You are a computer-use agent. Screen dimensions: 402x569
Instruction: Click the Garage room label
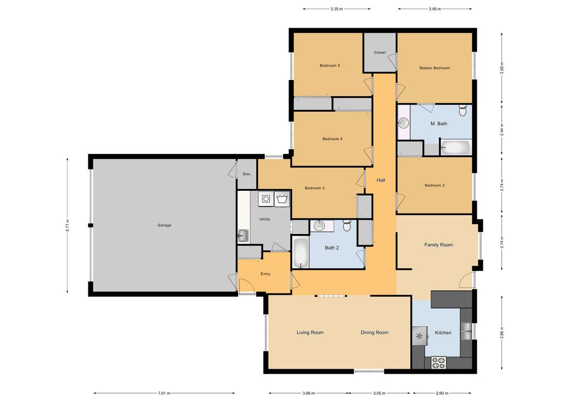pos(164,225)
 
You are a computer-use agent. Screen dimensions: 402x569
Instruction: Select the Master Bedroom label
pos(434,68)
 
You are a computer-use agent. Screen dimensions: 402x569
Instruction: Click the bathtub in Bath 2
pos(300,253)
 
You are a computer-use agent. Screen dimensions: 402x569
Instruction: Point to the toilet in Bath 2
pos(347,225)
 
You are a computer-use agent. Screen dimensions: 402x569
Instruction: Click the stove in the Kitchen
pos(438,362)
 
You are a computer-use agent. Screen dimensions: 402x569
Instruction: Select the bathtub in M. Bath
pos(455,148)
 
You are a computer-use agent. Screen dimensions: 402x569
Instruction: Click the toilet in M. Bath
pos(462,111)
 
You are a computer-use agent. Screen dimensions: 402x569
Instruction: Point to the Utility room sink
pos(243,236)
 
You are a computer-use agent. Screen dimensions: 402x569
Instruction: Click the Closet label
pos(380,53)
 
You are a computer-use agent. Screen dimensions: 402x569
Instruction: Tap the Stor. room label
pos(246,174)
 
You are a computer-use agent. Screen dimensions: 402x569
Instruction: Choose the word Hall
pos(381,180)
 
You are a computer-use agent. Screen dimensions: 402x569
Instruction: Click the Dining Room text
pos(374,332)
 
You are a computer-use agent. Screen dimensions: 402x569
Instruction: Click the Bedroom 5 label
pos(330,66)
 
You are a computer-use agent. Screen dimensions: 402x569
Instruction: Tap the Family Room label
pos(438,245)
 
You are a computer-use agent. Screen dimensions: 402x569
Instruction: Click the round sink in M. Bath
pos(403,122)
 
